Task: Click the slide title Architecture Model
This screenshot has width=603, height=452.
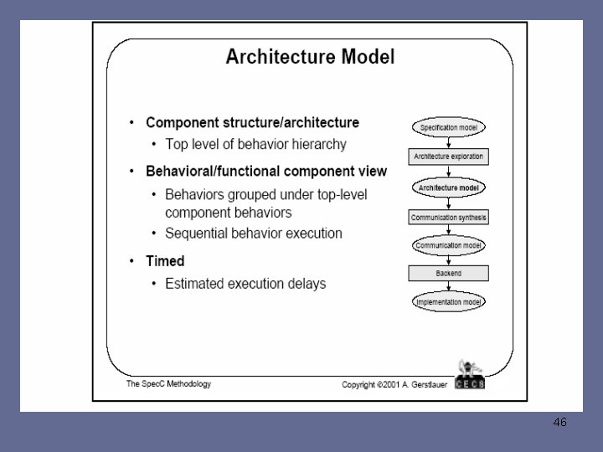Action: tap(310, 58)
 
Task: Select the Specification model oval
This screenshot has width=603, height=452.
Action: tap(448, 127)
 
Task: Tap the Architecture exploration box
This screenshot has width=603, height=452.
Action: tap(448, 157)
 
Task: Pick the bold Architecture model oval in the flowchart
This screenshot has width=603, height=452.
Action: tap(448, 187)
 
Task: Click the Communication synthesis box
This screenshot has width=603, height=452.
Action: tap(448, 218)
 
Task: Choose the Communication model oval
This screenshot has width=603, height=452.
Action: tap(448, 246)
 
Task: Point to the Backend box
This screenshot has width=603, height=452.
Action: tap(448, 273)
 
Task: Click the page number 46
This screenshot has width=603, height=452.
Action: tap(560, 423)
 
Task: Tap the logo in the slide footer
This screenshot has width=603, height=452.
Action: tap(470, 374)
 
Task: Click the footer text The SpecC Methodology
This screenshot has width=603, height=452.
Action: tap(168, 384)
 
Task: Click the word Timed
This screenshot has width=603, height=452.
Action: tap(165, 261)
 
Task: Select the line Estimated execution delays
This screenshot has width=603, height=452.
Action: tap(245, 284)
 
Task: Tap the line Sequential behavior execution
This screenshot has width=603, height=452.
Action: tap(254, 234)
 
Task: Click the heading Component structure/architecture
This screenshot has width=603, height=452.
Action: tap(252, 122)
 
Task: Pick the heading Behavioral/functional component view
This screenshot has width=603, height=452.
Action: tap(266, 172)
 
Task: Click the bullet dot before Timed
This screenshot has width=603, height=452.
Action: tap(132, 262)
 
